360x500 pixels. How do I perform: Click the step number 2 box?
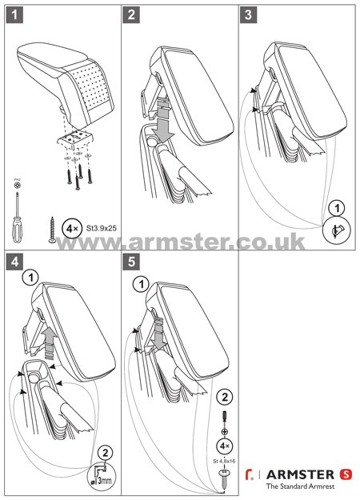point(132,14)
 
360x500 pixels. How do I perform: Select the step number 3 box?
point(250,14)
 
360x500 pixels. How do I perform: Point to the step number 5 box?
point(132,262)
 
